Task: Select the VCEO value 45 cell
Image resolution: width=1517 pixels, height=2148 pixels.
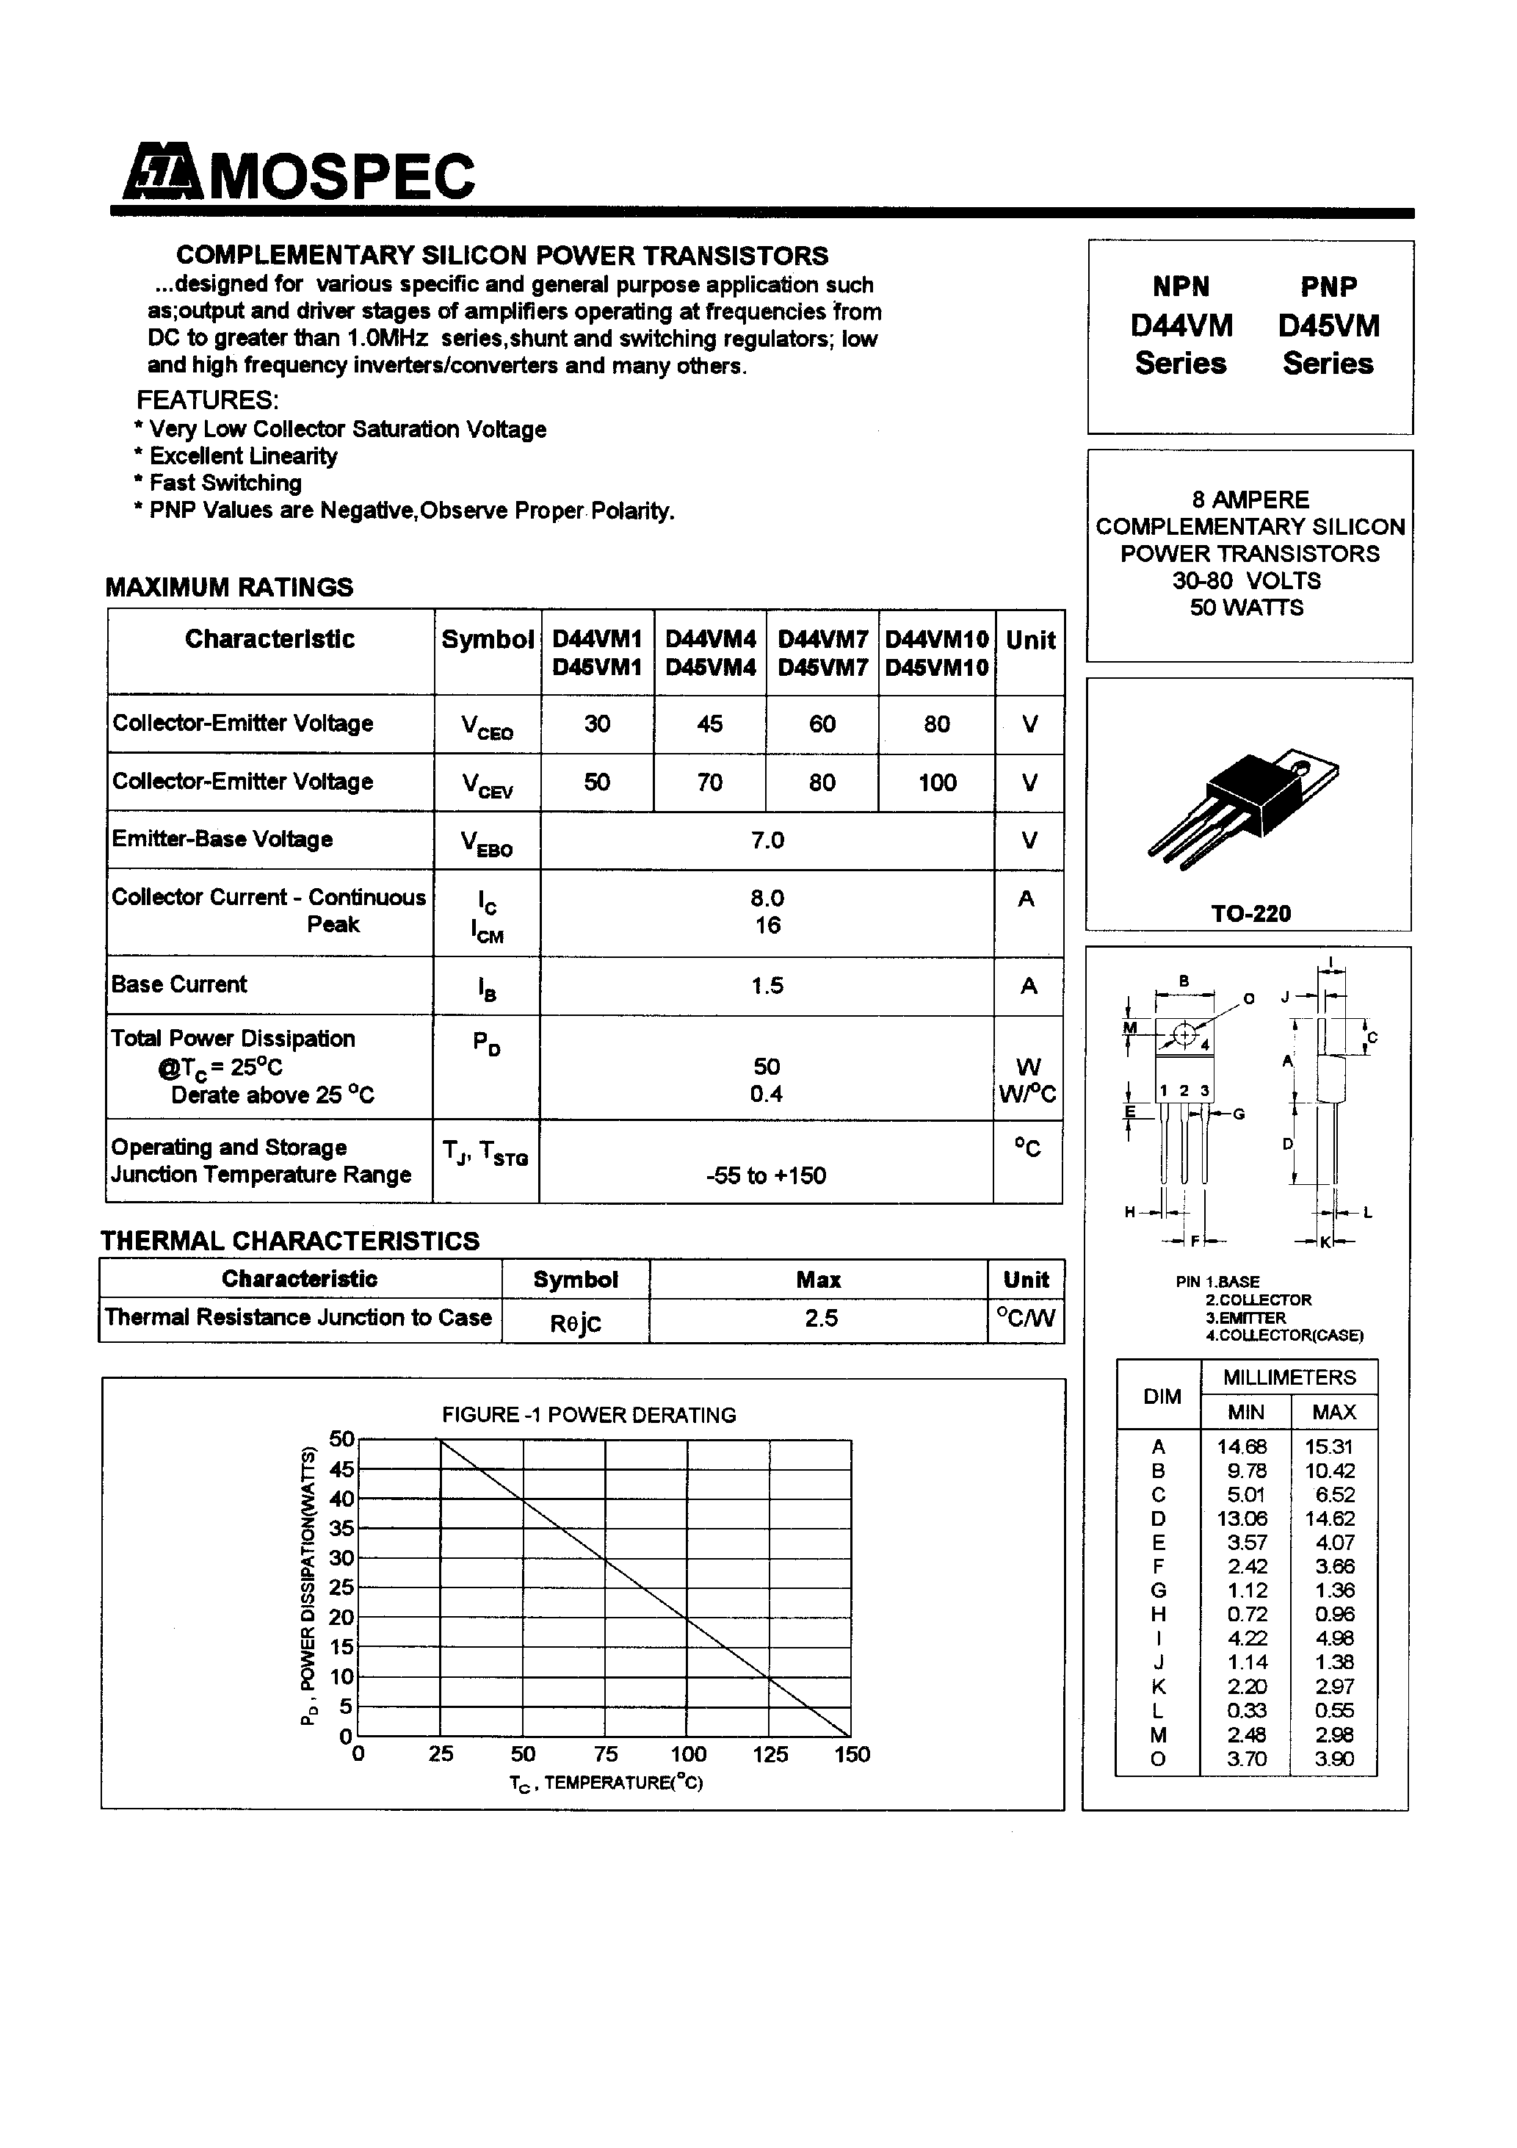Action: (x=710, y=724)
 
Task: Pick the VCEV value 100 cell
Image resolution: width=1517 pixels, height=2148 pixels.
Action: (x=936, y=783)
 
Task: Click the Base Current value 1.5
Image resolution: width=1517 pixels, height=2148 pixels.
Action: (x=767, y=986)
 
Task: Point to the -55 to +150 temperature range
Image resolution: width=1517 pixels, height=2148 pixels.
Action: (x=766, y=1176)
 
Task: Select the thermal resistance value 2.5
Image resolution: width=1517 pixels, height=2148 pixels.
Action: (x=820, y=1319)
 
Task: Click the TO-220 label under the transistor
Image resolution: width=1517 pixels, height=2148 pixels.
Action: (x=1250, y=914)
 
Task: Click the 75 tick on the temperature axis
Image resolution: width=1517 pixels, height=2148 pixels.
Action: (x=605, y=1755)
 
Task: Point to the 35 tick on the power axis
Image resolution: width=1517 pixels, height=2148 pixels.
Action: (x=341, y=1529)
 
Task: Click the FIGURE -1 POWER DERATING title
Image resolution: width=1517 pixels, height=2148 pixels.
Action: (x=589, y=1416)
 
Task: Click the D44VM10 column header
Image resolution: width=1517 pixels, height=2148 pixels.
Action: (x=936, y=640)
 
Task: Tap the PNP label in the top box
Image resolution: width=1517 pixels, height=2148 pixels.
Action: (x=1327, y=286)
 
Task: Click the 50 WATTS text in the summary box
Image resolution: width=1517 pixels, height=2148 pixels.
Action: (x=1246, y=608)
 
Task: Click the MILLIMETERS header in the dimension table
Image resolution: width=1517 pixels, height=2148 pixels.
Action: (x=1289, y=1378)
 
